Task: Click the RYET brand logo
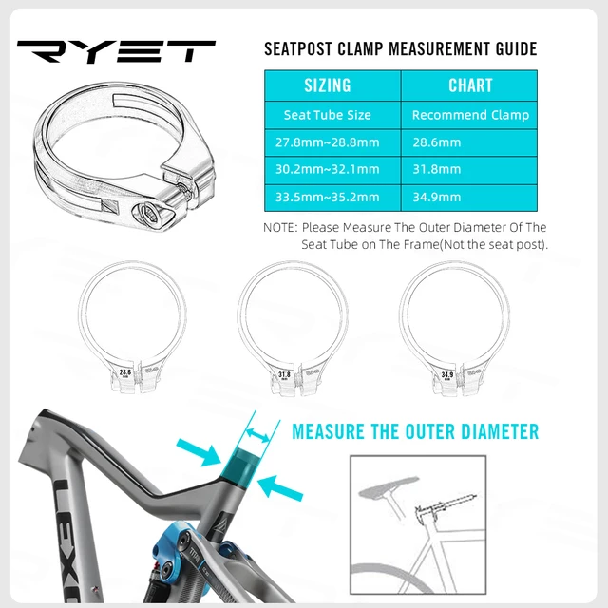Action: tap(116, 52)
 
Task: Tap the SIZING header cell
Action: tap(328, 85)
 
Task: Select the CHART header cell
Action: tap(470, 85)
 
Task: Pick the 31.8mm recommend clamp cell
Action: tap(437, 169)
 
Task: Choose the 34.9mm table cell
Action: tap(437, 197)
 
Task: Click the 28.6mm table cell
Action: tap(437, 142)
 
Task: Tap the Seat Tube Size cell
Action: tap(328, 115)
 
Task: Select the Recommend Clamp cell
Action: tap(470, 115)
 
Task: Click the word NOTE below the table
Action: tap(280, 228)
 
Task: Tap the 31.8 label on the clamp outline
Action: tap(284, 376)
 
